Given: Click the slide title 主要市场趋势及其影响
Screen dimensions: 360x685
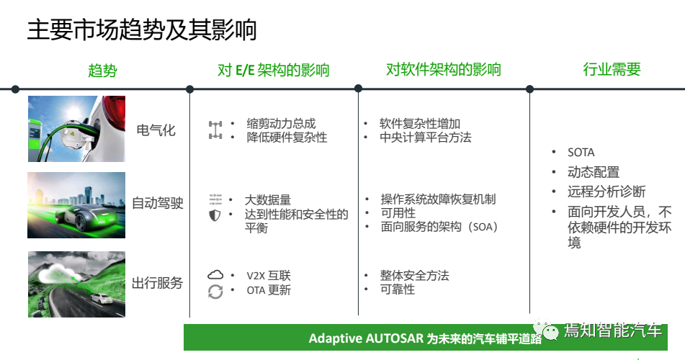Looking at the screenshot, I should click(142, 30).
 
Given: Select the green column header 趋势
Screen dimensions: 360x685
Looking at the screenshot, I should click(102, 70).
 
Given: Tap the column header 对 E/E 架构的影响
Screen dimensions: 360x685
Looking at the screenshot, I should click(273, 70).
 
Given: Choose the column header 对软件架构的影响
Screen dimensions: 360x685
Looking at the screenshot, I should click(443, 70).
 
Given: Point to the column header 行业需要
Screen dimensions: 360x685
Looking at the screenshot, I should click(612, 70).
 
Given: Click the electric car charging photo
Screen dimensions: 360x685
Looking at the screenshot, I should click(76, 129).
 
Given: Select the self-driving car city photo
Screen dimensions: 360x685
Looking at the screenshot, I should click(76, 204).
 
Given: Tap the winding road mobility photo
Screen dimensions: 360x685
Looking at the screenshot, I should click(76, 284).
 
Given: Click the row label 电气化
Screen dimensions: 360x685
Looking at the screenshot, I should click(156, 131).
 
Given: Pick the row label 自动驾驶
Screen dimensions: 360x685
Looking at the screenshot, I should click(158, 204).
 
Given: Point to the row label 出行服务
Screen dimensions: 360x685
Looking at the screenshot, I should click(158, 283).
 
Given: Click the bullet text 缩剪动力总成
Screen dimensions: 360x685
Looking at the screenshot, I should click(281, 124).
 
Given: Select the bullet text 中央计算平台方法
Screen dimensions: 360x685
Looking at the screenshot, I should click(425, 137).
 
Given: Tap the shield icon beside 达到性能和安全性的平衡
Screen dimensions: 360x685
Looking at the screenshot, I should click(215, 215).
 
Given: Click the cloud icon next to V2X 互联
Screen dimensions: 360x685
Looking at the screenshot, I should click(215, 275).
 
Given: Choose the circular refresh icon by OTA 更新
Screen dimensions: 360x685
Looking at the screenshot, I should click(215, 292).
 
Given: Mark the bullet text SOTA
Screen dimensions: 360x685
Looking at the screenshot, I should click(581, 153).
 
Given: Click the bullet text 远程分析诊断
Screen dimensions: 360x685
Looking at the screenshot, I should click(606, 192).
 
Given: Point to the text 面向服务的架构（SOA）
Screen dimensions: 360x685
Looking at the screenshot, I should click(439, 227).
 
